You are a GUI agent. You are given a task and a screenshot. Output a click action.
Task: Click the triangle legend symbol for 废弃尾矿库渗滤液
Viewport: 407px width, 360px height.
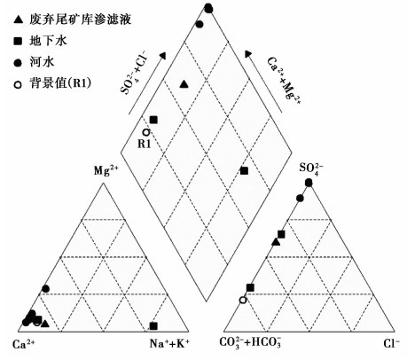click(19, 20)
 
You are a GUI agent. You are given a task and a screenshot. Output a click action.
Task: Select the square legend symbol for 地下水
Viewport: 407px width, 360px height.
click(19, 41)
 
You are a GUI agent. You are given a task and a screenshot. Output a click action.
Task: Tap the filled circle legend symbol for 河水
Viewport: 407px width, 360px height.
click(19, 63)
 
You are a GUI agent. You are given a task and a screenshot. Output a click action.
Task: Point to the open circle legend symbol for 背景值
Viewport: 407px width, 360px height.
click(19, 84)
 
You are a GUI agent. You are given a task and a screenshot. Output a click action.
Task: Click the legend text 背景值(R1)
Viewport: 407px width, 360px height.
click(60, 83)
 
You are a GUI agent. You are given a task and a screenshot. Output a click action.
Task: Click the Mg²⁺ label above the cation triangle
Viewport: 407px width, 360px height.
click(106, 171)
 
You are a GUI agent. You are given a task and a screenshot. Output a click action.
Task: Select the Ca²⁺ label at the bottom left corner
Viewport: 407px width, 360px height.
click(24, 344)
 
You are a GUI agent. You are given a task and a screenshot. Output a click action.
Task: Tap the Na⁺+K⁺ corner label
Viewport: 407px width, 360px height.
click(169, 343)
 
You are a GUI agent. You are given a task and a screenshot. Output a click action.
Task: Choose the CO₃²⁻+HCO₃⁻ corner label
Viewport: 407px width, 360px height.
click(250, 343)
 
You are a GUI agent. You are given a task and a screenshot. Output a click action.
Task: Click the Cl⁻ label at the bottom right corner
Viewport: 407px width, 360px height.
click(392, 343)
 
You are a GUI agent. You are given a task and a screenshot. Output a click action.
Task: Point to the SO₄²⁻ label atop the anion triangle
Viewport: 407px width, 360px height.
click(311, 168)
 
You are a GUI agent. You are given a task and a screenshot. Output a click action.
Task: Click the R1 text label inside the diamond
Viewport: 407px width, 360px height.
click(145, 144)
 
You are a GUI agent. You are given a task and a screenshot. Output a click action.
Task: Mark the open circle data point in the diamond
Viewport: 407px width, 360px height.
click(146, 132)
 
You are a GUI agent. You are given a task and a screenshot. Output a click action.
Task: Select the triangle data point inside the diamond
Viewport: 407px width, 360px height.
click(184, 84)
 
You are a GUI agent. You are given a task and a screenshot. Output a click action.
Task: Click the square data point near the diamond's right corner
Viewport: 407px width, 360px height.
click(244, 171)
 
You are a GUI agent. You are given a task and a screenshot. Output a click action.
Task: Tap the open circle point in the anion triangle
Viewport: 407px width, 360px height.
click(243, 301)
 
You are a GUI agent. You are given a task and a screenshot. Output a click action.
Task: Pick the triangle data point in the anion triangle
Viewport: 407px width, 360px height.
click(276, 242)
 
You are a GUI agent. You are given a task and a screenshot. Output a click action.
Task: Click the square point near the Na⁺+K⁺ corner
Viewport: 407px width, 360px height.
click(153, 326)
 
